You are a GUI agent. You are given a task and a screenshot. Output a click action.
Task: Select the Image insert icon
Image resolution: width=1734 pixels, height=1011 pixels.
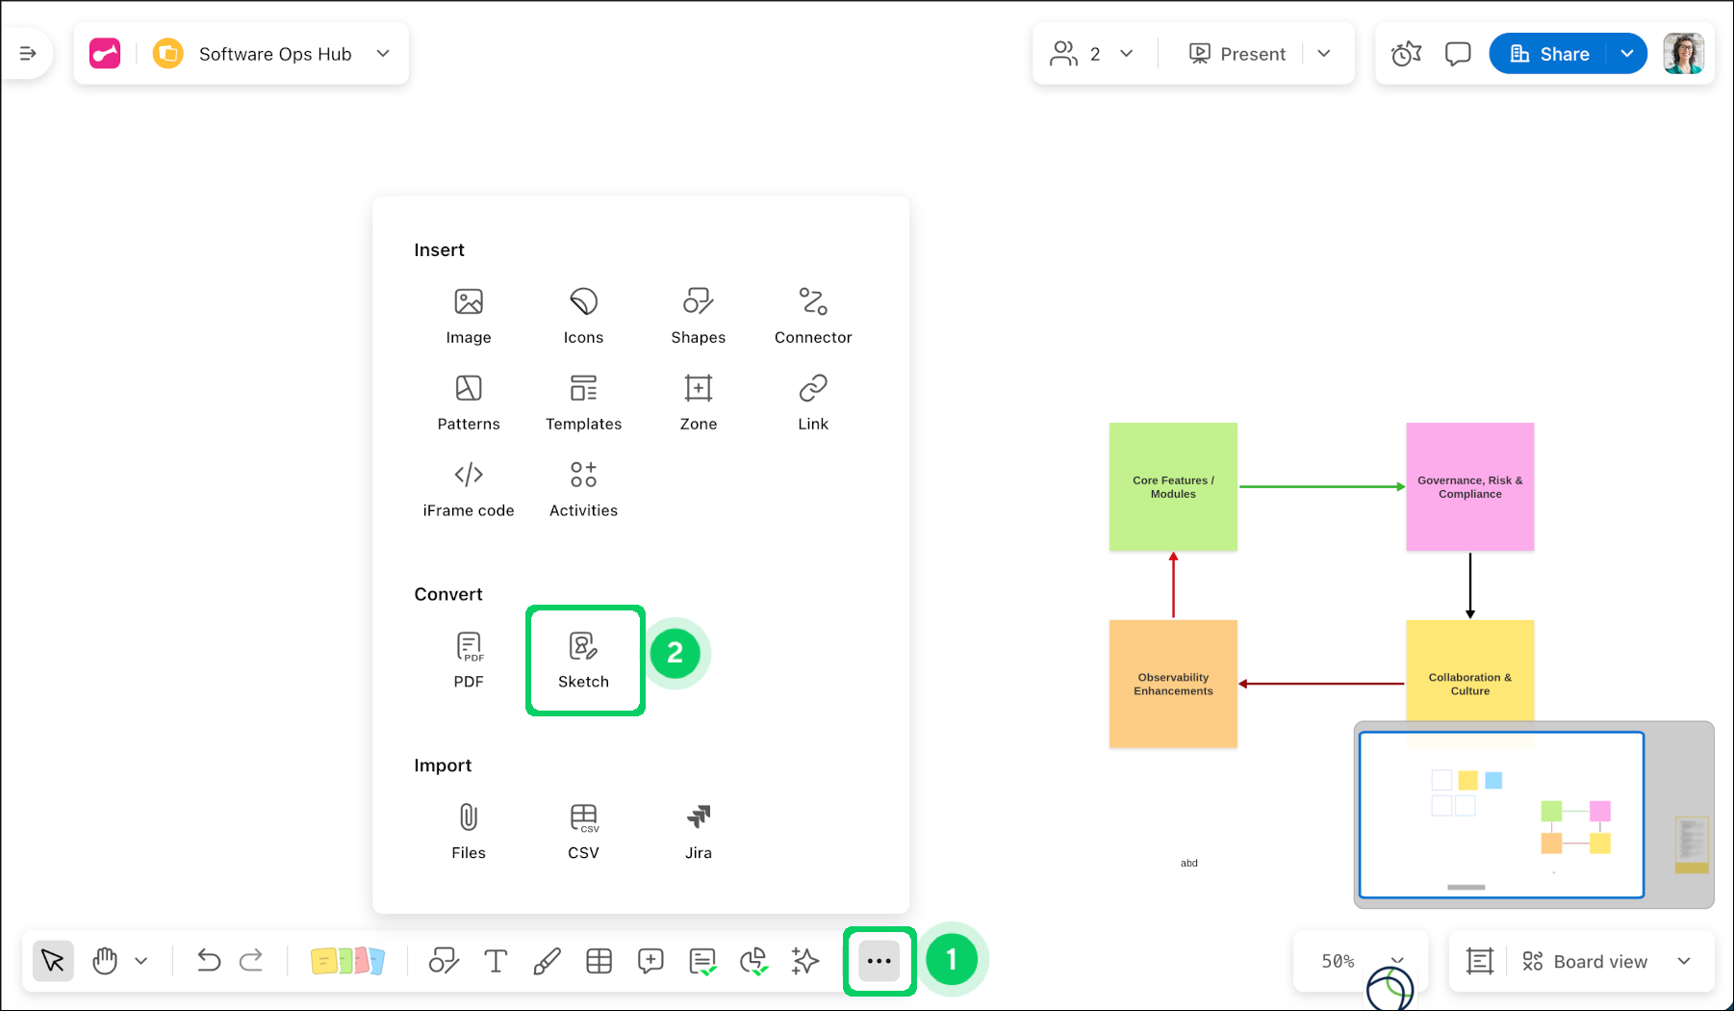click(469, 314)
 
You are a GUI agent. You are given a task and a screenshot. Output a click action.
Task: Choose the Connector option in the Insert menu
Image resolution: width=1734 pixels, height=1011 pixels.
click(813, 314)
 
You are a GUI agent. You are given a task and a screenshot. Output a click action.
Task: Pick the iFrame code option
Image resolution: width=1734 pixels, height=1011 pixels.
click(469, 487)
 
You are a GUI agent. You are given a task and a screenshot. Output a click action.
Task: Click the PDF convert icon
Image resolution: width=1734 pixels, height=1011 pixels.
click(469, 659)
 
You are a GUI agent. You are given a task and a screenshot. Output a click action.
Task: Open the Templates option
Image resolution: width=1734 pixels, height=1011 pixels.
click(584, 401)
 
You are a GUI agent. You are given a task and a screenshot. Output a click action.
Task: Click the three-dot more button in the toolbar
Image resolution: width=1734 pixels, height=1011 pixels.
click(879, 961)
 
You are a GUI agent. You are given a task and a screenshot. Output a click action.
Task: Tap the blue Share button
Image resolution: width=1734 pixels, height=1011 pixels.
click(1549, 54)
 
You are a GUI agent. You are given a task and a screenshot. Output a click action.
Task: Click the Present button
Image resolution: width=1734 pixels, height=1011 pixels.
click(1238, 54)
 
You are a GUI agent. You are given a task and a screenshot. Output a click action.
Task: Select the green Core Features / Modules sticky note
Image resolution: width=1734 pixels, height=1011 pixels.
click(1173, 486)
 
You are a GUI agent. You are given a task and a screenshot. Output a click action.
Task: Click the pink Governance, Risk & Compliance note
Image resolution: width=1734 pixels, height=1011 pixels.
click(1469, 486)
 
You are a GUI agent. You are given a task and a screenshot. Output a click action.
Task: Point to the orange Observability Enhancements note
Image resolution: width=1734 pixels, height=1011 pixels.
click(1173, 684)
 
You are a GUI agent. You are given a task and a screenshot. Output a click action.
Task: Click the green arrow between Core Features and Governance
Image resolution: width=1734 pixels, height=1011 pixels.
click(1321, 487)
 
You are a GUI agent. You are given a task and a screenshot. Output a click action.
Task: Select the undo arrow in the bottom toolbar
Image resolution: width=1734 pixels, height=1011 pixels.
click(208, 961)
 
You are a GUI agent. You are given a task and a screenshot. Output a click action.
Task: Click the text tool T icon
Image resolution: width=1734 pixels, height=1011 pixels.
click(496, 961)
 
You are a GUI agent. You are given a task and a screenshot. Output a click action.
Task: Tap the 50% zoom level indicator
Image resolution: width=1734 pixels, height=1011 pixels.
click(1338, 961)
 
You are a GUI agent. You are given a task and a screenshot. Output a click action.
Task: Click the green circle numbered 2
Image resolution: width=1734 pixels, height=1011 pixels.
click(676, 654)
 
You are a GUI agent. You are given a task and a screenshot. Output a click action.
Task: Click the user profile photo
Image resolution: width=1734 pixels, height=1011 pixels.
click(1683, 54)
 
